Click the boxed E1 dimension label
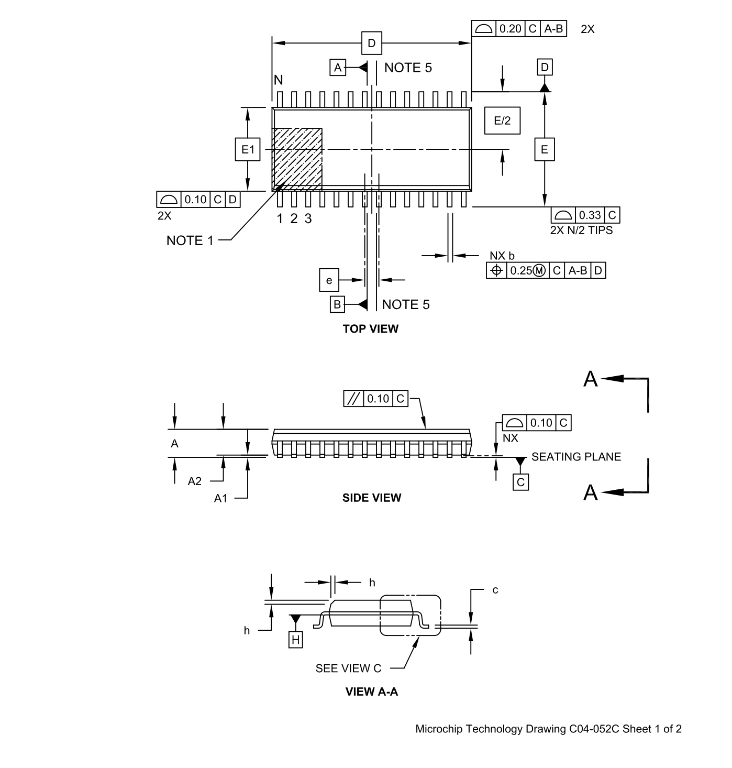(x=247, y=150)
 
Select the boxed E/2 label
(x=502, y=120)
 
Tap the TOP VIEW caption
(x=371, y=329)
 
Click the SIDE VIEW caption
(x=372, y=498)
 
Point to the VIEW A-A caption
(x=372, y=692)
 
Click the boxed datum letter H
(x=296, y=640)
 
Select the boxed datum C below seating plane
(x=520, y=482)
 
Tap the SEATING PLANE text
(x=576, y=457)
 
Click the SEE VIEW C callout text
(x=348, y=668)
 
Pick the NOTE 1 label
(x=190, y=240)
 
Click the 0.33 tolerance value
(x=590, y=215)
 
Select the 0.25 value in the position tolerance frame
(x=521, y=271)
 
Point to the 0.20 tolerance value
(x=511, y=29)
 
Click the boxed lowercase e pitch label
(x=329, y=280)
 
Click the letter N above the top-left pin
(x=279, y=80)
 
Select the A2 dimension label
(x=195, y=481)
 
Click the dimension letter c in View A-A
(x=495, y=590)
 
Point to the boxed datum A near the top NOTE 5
(x=338, y=68)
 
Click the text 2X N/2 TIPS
(x=581, y=231)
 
